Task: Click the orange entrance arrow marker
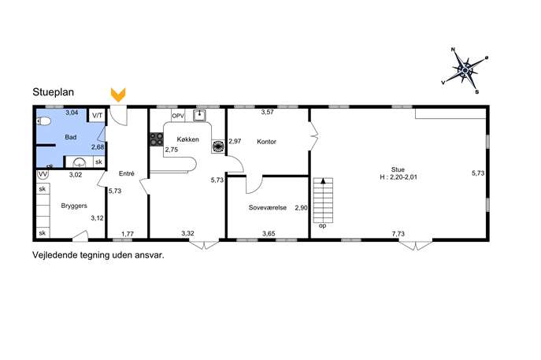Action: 118,95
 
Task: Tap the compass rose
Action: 465,70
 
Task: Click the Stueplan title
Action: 53,92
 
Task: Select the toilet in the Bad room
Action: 43,121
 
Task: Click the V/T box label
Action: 98,116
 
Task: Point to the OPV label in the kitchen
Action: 178,116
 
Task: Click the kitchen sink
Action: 199,116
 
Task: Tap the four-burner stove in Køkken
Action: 156,139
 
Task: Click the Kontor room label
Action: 266,142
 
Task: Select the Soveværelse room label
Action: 268,208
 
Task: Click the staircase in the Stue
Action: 323,200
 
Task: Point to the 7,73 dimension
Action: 398,234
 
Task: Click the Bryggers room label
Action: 74,206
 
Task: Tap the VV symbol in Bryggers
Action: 43,174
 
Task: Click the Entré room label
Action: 126,173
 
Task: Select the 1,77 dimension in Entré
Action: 128,234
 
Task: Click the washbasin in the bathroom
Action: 80,161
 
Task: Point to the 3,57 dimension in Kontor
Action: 268,112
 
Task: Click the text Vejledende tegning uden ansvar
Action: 98,255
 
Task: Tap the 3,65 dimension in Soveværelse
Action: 269,234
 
